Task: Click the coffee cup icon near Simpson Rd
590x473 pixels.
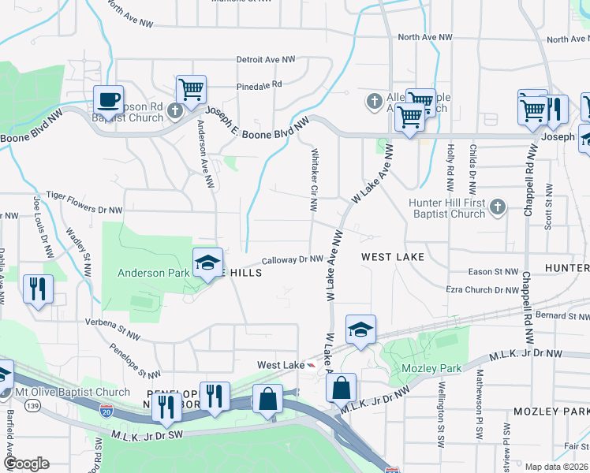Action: pyautogui.click(x=108, y=101)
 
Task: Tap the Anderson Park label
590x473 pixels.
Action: pyautogui.click(x=152, y=274)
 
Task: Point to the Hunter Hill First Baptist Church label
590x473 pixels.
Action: pyautogui.click(x=446, y=208)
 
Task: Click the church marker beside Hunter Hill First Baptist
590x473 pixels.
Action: pyautogui.click(x=497, y=207)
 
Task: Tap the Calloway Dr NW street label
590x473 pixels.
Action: pyautogui.click(x=292, y=259)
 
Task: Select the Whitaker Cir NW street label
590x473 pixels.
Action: pyautogui.click(x=314, y=180)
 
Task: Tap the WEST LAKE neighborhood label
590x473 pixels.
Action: pyautogui.click(x=393, y=257)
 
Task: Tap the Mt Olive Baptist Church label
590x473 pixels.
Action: pyautogui.click(x=73, y=392)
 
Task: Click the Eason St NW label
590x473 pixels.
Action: pyautogui.click(x=493, y=271)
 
